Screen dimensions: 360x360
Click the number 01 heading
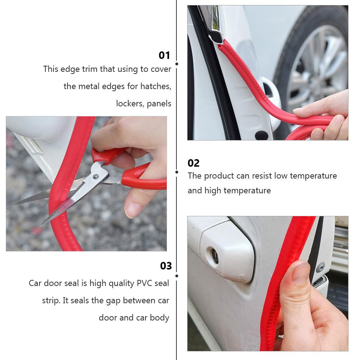[164, 55]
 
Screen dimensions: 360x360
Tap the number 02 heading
[193, 163]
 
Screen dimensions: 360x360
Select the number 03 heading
[166, 266]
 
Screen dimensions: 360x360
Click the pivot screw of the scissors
[96, 176]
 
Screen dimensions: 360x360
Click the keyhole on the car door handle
[215, 255]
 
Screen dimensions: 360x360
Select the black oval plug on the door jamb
[261, 135]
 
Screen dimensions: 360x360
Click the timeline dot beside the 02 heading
[176, 172]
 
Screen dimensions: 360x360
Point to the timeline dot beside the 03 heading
[176, 276]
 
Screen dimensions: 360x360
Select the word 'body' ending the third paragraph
[161, 318]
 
